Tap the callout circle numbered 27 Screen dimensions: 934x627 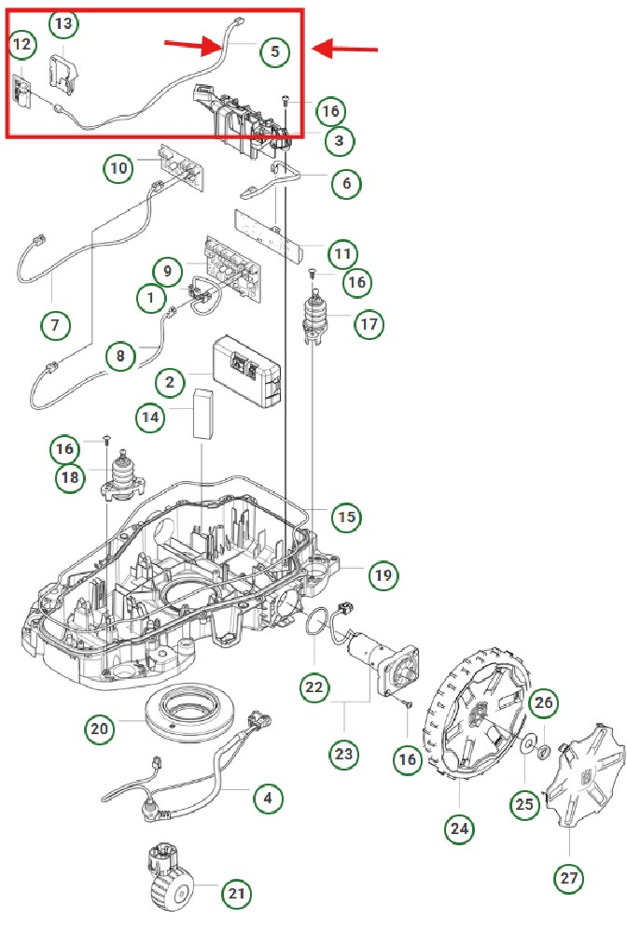pyautogui.click(x=568, y=879)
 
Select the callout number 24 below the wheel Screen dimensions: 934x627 pyautogui.click(x=460, y=828)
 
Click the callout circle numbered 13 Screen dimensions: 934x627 pyautogui.click(x=63, y=21)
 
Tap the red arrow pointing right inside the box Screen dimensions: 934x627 pyautogui.click(x=195, y=44)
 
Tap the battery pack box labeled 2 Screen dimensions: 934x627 pyautogui.click(x=246, y=371)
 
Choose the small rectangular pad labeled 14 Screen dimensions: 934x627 pyautogui.click(x=203, y=413)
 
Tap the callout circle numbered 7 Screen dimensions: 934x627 pyautogui.click(x=55, y=325)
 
